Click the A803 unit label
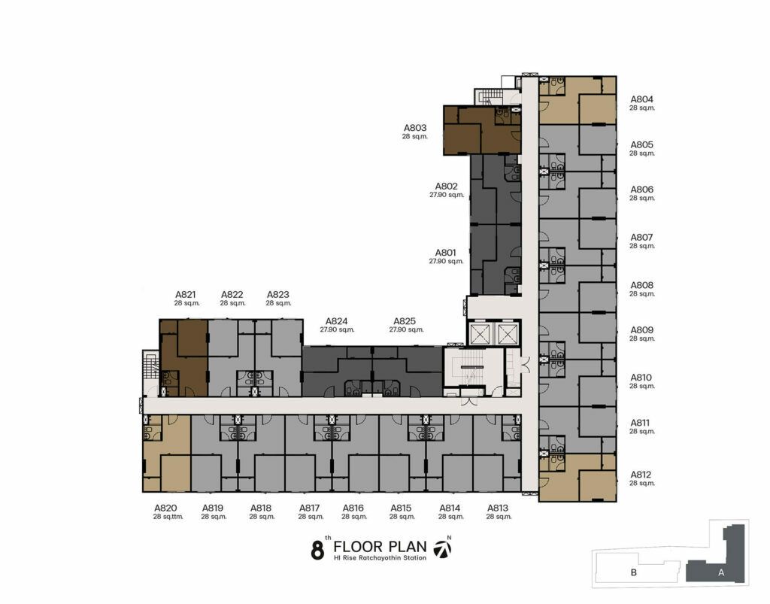415,128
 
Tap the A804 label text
642,99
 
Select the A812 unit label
641,475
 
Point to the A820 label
165,508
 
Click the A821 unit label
186,295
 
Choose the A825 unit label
405,321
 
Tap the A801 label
446,253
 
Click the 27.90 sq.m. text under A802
447,195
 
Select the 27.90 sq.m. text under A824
337,330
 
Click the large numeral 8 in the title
318,551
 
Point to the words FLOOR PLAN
380,547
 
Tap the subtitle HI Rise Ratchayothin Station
380,558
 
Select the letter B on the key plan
633,572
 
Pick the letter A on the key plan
721,572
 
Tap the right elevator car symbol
505,334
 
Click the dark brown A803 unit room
481,131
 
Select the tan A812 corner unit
577,478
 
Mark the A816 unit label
353,508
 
